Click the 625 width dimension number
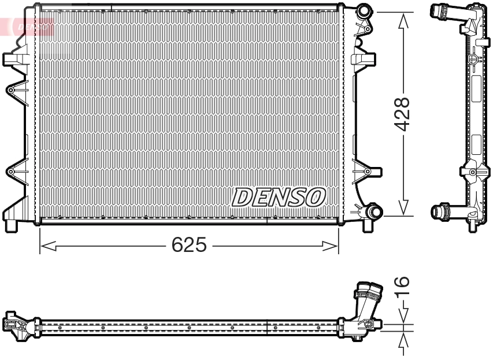[x=189, y=245]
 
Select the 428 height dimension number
[x=403, y=114]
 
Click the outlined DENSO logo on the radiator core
[x=279, y=197]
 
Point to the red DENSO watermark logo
[x=32, y=26]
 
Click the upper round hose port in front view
[x=364, y=11]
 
